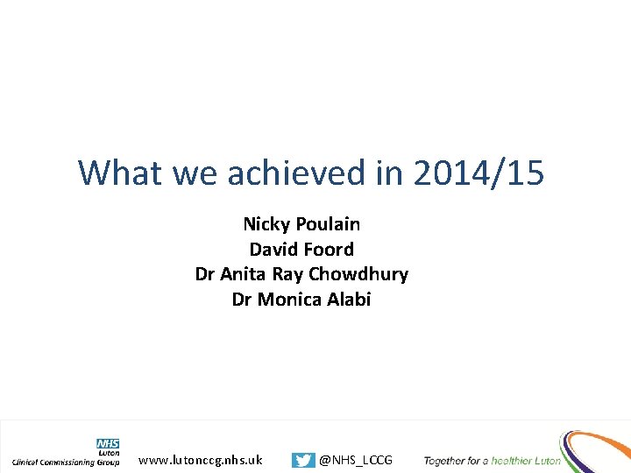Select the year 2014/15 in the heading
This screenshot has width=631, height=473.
(478, 173)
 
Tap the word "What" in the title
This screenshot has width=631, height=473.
(121, 173)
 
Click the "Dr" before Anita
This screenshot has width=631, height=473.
(205, 274)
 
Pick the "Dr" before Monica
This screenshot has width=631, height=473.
(242, 299)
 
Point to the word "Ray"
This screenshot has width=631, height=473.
(287, 274)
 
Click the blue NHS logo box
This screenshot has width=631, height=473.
(108, 444)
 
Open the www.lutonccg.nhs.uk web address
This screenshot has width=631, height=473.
(200, 460)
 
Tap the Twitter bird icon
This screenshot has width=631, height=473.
(303, 460)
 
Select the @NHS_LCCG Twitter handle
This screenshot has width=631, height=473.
(356, 460)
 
